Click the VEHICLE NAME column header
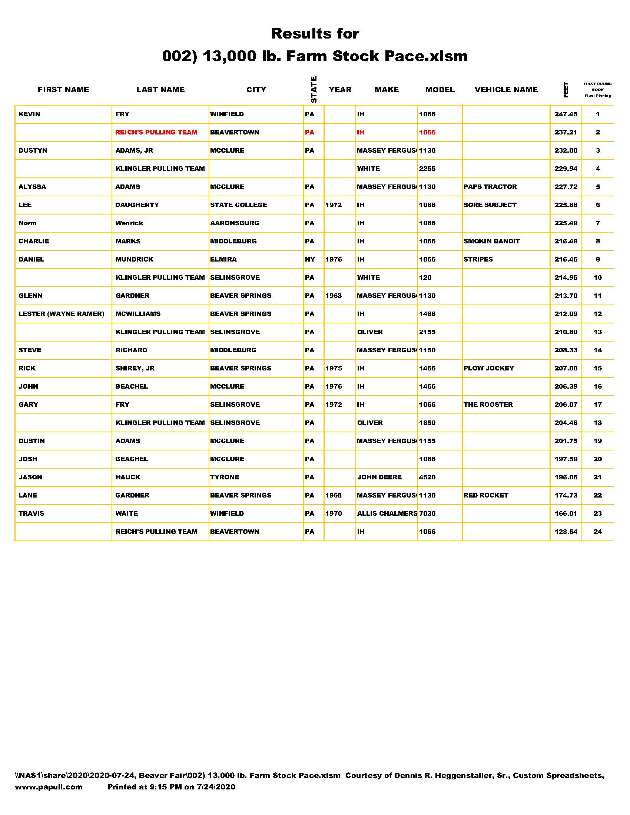click(506, 90)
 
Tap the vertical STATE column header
click(314, 90)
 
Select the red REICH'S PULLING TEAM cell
click(156, 133)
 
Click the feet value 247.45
click(566, 114)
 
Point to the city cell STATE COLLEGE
click(239, 205)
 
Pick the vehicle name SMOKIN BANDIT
click(491, 241)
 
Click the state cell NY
click(310, 259)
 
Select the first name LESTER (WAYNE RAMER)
click(61, 314)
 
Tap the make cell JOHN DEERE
click(379, 477)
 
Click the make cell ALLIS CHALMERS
click(387, 513)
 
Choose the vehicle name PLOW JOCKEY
click(488, 368)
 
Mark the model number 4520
click(427, 477)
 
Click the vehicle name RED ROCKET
click(485, 495)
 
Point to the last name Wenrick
click(129, 223)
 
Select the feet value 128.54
click(566, 532)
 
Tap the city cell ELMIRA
click(223, 259)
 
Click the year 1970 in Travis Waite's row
click(333, 513)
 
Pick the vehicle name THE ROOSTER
click(488, 405)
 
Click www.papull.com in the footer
click(49, 787)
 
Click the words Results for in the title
click(315, 34)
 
